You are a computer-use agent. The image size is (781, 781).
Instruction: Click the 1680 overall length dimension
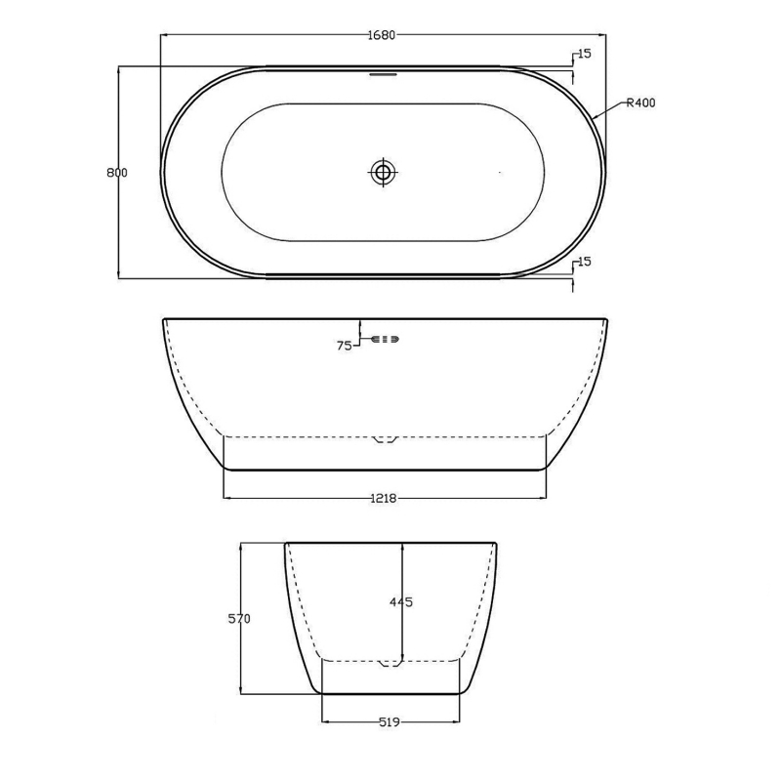coord(381,36)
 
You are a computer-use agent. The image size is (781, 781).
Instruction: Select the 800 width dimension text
coord(117,173)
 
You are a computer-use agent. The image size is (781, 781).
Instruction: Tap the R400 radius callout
coord(640,103)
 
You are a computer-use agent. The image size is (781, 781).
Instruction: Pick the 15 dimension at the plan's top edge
coord(584,54)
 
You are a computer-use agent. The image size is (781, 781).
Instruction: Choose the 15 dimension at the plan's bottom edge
coord(584,262)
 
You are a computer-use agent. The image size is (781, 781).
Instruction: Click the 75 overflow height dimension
coord(344,346)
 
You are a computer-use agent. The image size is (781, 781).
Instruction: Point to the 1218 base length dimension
coord(384,498)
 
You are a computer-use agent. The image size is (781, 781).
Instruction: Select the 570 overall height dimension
coord(239,619)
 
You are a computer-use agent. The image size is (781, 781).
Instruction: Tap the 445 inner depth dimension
coord(401,602)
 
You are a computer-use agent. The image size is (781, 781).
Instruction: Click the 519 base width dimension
coord(389,722)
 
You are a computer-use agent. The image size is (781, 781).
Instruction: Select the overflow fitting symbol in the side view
coord(385,339)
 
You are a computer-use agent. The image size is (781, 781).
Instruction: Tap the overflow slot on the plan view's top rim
coord(383,70)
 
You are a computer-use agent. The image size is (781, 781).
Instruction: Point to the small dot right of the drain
coord(500,173)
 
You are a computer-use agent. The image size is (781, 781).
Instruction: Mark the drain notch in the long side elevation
coord(385,438)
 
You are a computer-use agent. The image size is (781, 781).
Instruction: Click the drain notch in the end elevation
coord(390,663)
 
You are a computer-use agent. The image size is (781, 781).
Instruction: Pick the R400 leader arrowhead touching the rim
coord(595,119)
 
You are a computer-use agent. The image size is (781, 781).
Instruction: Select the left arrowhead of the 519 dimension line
coord(325,722)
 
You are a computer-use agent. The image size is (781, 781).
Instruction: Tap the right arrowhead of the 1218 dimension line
coord(543,498)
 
